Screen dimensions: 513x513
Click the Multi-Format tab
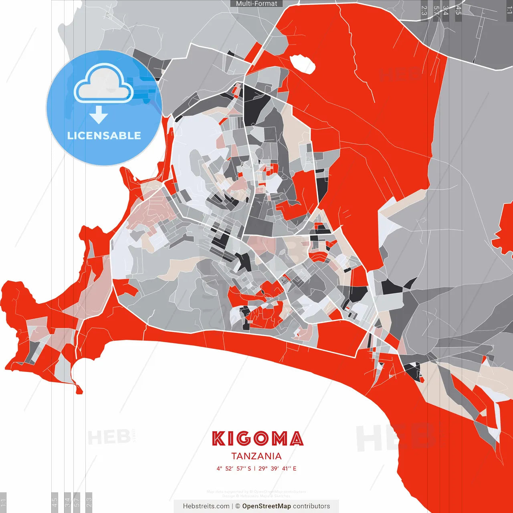click(256, 4)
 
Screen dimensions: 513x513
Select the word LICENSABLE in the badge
click(104, 135)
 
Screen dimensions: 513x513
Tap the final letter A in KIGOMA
click(296, 438)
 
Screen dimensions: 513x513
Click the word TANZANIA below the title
click(256, 456)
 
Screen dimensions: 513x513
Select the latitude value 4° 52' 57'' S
click(234, 469)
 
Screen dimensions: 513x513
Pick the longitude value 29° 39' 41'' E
click(277, 469)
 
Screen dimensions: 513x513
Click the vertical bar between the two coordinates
click(255, 469)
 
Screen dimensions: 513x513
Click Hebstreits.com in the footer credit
click(206, 506)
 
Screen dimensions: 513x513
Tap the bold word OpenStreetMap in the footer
click(266, 506)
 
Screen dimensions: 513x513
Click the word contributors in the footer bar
click(311, 506)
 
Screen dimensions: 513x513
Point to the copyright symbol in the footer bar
click(238, 506)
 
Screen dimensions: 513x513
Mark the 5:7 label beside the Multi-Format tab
click(436, 10)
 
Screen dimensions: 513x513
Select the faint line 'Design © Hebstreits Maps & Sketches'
click(256, 496)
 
